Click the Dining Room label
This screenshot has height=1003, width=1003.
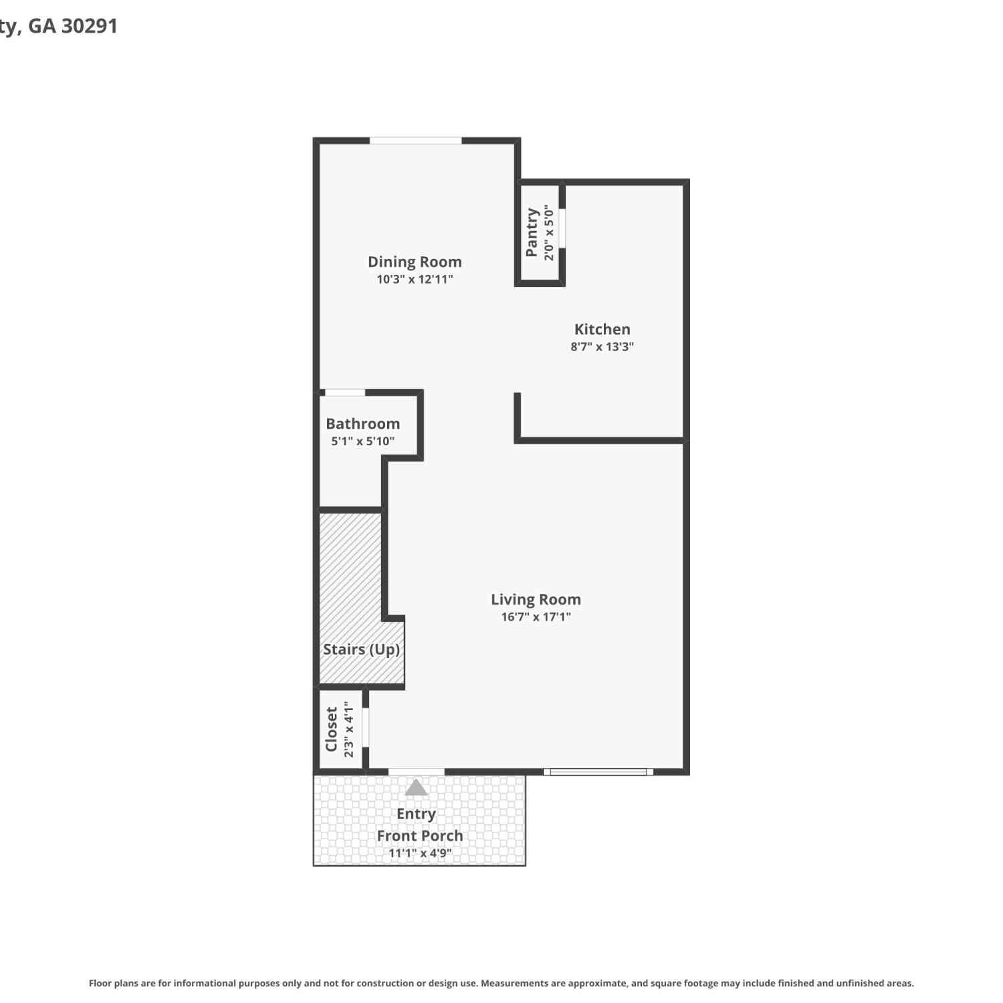pos(415,261)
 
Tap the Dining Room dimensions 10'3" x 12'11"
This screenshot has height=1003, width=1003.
pos(415,280)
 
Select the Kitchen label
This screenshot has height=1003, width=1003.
pos(602,329)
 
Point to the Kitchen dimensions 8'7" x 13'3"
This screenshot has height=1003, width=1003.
pos(602,346)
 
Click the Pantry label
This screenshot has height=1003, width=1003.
pos(532,232)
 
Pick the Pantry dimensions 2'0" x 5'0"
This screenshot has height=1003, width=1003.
pos(549,233)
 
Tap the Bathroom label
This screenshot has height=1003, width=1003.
pos(363,423)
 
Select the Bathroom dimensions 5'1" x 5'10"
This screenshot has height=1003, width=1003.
pos(363,441)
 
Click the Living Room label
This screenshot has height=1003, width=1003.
pos(536,600)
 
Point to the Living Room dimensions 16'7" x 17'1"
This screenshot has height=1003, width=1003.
pos(536,617)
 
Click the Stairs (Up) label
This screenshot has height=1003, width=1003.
pos(362,649)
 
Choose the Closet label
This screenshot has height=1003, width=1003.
pos(332,729)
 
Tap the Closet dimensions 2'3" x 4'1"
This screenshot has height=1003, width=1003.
pos(348,729)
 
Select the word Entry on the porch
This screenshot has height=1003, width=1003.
pos(416,814)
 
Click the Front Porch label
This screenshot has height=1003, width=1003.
pos(420,836)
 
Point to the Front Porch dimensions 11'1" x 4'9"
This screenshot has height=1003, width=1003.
pos(420,853)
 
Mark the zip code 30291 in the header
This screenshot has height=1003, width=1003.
pos(89,26)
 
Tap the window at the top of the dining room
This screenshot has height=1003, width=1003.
pos(415,140)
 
